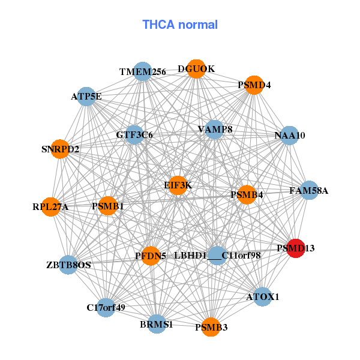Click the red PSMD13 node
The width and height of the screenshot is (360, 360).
[x=295, y=248]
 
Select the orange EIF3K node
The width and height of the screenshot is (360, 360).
[x=178, y=186]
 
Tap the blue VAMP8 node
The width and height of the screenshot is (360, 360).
[x=214, y=130]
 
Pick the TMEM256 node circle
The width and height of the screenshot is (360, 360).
[x=142, y=72]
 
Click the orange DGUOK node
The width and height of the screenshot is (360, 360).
[x=196, y=69]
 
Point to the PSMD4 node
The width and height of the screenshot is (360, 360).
[x=254, y=85]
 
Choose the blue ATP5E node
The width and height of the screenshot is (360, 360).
[x=86, y=96]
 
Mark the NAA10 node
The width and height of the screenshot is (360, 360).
[x=290, y=136]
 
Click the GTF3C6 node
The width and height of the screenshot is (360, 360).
[x=134, y=135]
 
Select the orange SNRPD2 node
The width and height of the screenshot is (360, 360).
[x=61, y=149]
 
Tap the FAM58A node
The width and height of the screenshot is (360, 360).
[x=308, y=191]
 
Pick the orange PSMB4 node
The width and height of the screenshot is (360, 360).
[x=247, y=194]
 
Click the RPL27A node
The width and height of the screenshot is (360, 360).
[x=51, y=207]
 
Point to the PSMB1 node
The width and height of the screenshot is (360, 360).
[x=108, y=206]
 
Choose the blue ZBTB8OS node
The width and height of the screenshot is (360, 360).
[x=68, y=265]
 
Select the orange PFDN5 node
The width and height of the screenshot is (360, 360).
[x=151, y=256]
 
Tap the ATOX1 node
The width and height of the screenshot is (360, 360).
[x=263, y=296]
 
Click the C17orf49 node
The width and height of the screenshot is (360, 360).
[x=106, y=308]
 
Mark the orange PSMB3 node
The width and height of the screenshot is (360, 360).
[x=211, y=327]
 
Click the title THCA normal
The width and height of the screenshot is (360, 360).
[x=180, y=25]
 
